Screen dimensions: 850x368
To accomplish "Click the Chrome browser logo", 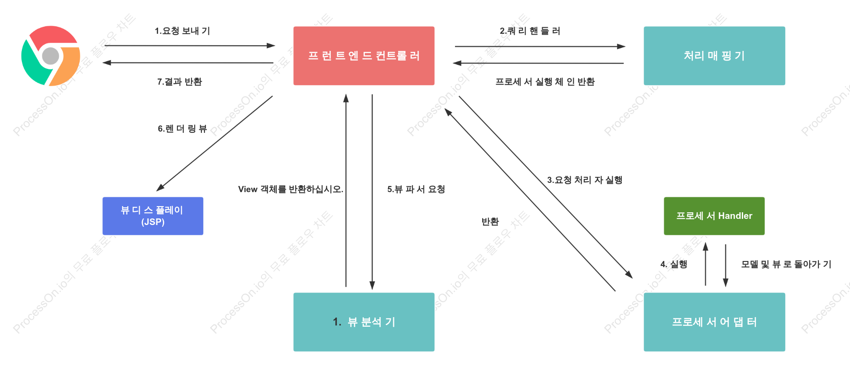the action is click(51, 56).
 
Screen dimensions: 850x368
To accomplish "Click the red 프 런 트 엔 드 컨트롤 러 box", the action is click(364, 56).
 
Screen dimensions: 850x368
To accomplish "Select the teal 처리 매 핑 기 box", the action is click(714, 56).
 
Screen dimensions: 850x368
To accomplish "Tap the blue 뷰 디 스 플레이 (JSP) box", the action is click(153, 216).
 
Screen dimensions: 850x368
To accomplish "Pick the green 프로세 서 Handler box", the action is click(714, 216).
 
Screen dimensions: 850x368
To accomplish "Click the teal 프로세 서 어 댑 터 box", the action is click(714, 322).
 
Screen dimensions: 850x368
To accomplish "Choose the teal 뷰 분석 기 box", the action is click(364, 322).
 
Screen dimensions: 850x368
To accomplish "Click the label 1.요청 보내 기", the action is click(182, 31).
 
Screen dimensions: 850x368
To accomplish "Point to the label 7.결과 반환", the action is click(180, 82).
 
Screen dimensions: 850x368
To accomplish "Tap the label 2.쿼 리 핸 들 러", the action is click(530, 31).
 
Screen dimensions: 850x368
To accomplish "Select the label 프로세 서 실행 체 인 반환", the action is click(545, 82).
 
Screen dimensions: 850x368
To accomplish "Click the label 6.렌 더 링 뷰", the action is click(182, 129).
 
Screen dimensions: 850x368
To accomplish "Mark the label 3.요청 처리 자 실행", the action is click(585, 180).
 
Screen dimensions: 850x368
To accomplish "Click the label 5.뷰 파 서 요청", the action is click(416, 189).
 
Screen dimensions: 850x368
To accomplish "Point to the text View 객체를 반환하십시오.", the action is click(291, 189).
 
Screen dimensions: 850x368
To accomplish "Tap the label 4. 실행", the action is click(674, 264).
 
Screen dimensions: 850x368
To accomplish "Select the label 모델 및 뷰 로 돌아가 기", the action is click(786, 264).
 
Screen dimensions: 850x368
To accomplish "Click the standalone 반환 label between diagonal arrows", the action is click(490, 222).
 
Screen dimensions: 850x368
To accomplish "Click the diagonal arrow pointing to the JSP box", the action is click(215, 143).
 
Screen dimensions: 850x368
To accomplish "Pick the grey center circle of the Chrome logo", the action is click(51, 56).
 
